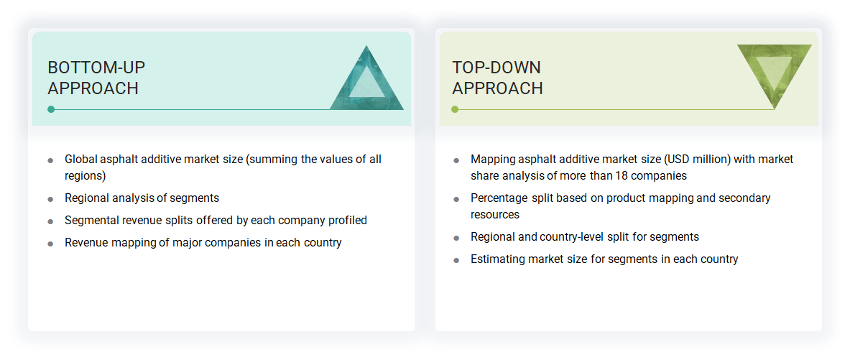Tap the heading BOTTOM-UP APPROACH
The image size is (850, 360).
point(96,78)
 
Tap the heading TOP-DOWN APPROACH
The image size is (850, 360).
point(497,78)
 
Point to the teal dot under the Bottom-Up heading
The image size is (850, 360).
point(51,109)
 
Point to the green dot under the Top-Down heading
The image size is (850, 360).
point(455,109)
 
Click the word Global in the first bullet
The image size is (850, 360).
point(81,160)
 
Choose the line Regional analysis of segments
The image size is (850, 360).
point(142,198)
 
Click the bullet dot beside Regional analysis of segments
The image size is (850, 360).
point(50,199)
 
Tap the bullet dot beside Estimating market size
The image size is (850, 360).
point(456,260)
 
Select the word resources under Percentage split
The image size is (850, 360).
point(495,214)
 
